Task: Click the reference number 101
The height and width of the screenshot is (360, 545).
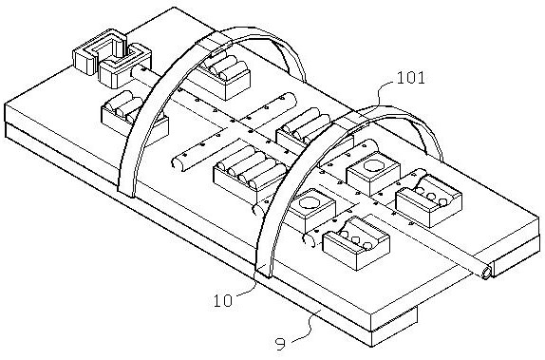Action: [410, 78]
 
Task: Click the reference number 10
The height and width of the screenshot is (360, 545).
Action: [222, 300]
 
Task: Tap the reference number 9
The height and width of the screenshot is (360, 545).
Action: [280, 344]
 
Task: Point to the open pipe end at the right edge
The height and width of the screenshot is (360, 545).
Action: [486, 273]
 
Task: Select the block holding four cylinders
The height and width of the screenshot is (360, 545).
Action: [250, 171]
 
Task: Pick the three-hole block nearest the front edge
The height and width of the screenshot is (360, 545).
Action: [356, 242]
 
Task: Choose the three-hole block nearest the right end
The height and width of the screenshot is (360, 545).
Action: [429, 198]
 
